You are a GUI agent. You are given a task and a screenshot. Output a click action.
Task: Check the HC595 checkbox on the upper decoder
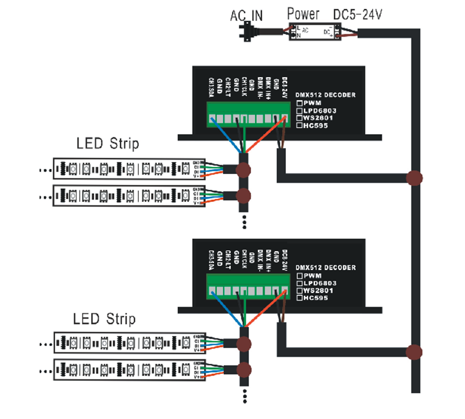(x=300, y=124)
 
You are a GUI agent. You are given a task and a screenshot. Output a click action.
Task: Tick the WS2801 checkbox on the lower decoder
(x=300, y=291)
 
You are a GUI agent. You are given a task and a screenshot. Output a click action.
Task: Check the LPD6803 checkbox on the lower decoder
(x=300, y=283)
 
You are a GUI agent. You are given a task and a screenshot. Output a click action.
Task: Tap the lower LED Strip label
(x=105, y=318)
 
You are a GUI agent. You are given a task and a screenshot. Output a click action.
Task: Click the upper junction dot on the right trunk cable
(x=414, y=177)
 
